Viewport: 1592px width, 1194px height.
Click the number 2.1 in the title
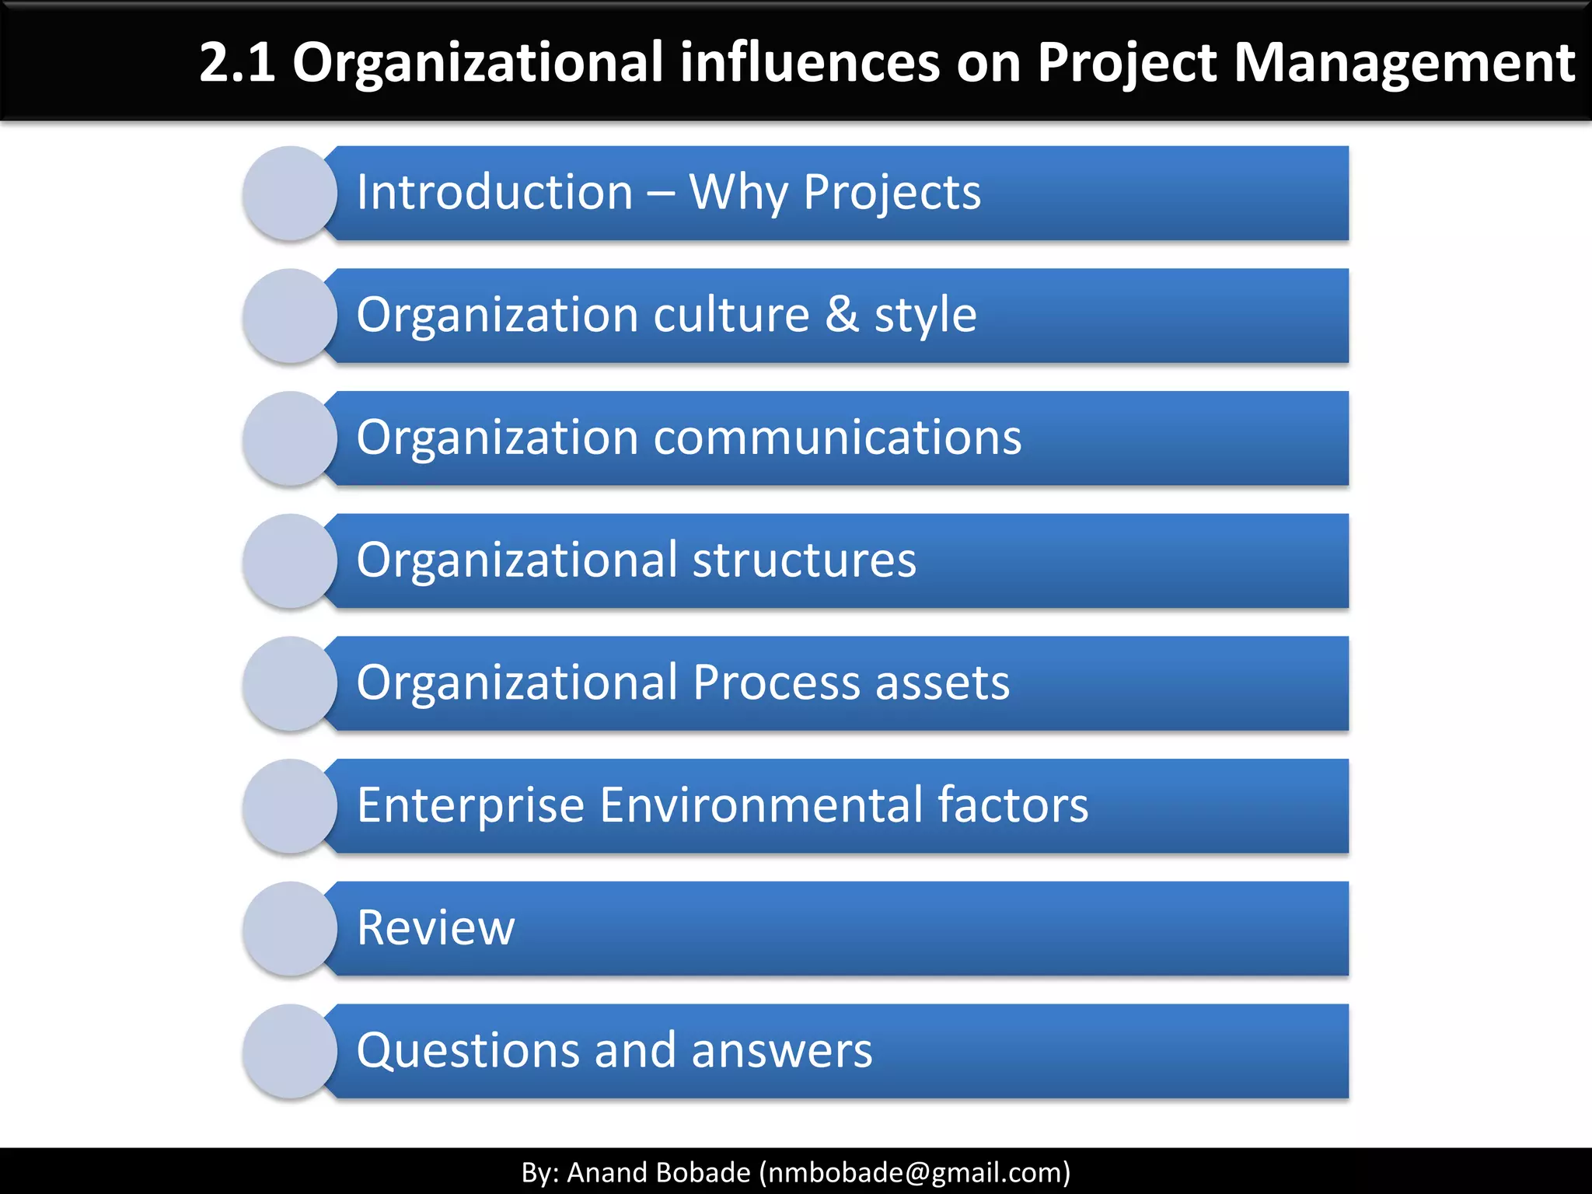coord(237,62)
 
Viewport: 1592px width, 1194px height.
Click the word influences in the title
coord(809,62)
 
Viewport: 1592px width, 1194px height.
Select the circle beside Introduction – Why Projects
coord(290,194)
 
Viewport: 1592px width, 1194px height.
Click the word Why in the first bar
coord(738,193)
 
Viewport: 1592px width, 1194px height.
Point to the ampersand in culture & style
coord(842,315)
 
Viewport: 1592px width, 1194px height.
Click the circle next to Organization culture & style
coord(290,316)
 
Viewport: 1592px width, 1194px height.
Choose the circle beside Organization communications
coord(290,439)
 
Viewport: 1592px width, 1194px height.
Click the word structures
coord(804,560)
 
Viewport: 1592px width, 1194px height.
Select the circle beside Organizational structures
coord(290,561)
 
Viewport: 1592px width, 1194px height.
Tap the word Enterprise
coord(470,805)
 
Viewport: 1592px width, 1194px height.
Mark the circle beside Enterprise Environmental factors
coord(290,807)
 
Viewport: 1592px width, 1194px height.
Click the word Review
coord(435,927)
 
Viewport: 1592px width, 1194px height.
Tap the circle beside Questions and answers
coord(290,1052)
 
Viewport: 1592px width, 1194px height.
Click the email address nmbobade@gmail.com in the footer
coord(914,1172)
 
